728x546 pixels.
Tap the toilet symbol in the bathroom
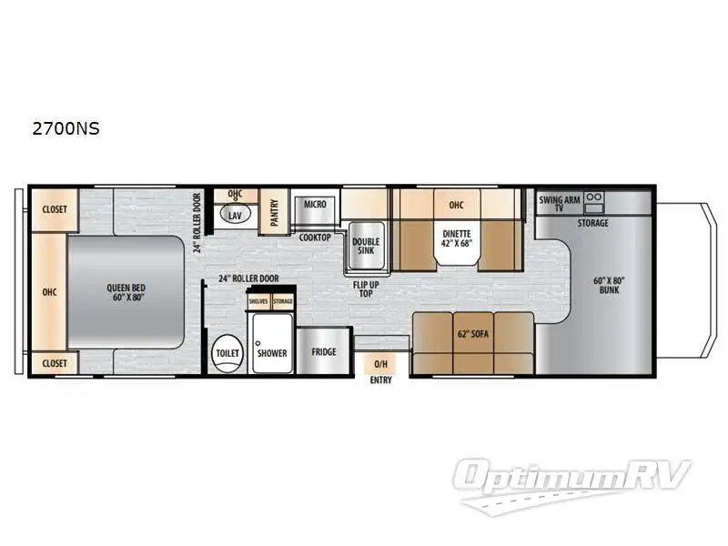(x=225, y=353)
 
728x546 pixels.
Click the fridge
(x=323, y=352)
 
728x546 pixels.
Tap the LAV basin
(x=235, y=216)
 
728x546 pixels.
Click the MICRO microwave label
(x=315, y=204)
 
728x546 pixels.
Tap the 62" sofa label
(x=472, y=334)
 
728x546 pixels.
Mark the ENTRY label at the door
(x=380, y=379)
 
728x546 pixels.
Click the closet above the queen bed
(x=54, y=208)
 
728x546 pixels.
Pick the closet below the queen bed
(x=54, y=362)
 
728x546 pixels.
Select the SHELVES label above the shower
(x=258, y=301)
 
